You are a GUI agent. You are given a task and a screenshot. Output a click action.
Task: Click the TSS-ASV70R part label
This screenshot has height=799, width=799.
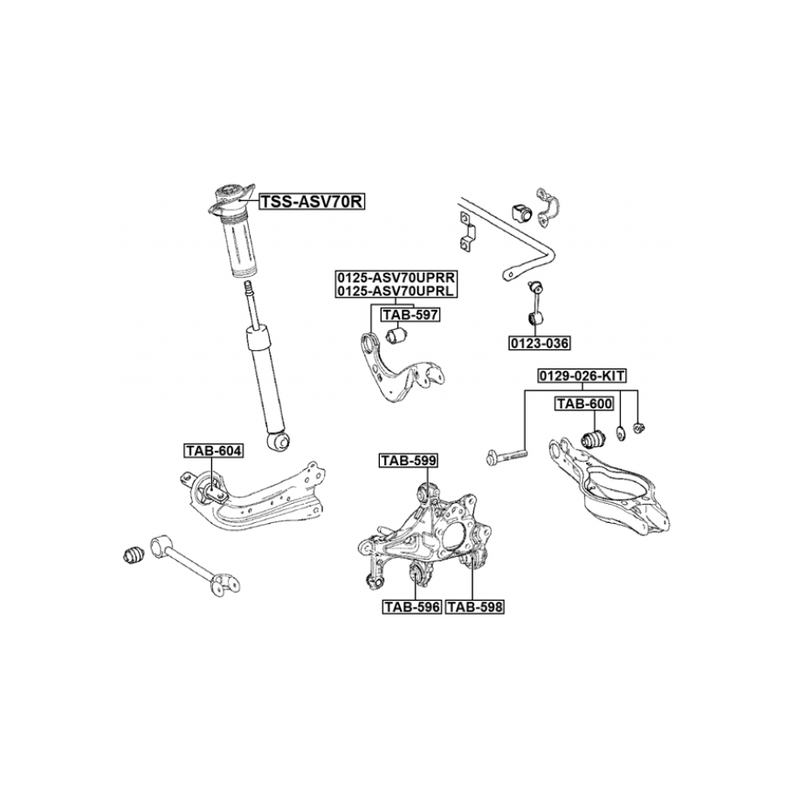click(311, 203)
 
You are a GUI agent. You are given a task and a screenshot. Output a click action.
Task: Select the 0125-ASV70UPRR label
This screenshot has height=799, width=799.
click(396, 277)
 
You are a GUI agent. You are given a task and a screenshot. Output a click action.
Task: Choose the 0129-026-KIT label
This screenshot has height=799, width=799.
click(581, 375)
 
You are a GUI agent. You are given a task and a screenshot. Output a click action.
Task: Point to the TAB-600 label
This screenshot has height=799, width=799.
click(584, 403)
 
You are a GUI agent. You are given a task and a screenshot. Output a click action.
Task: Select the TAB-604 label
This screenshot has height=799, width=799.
click(214, 451)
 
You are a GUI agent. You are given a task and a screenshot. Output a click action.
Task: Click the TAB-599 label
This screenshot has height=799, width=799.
click(408, 460)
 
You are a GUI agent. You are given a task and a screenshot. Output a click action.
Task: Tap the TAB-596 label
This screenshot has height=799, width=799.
click(411, 604)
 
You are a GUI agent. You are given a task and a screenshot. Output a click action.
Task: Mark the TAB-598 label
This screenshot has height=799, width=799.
click(476, 604)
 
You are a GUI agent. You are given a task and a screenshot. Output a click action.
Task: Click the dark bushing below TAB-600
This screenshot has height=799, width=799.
click(594, 437)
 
